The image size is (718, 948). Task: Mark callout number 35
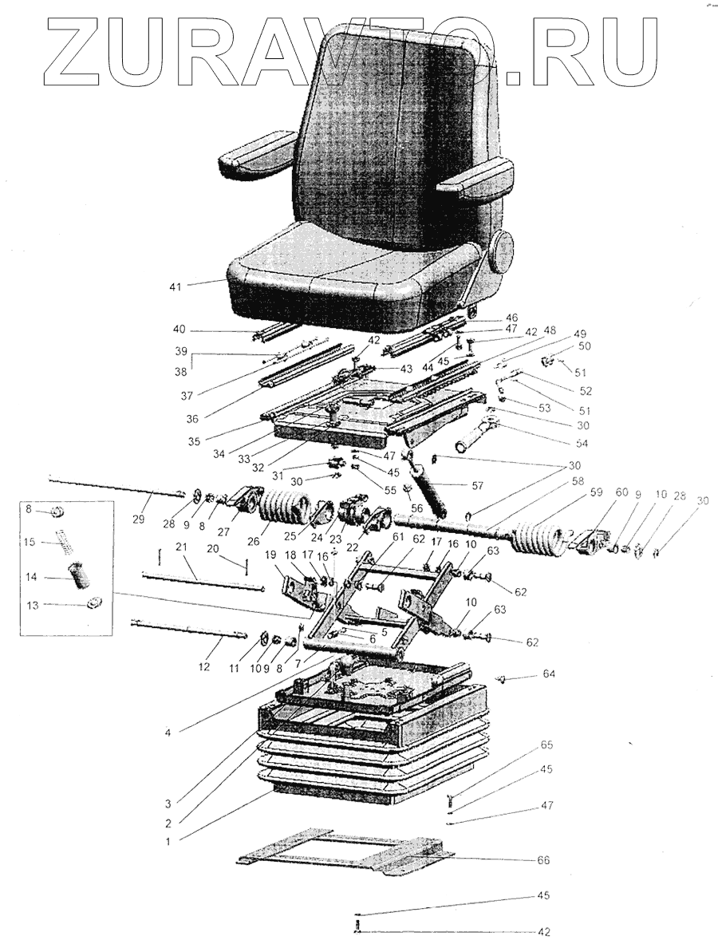pos(193,439)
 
